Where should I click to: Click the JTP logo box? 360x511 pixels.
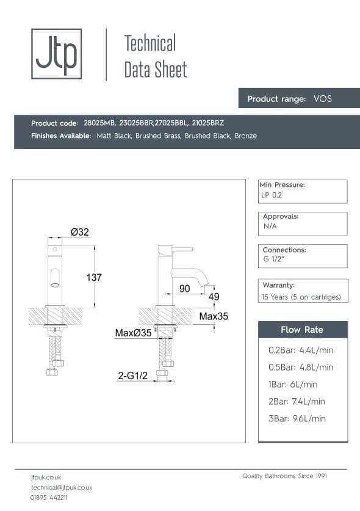tap(56, 54)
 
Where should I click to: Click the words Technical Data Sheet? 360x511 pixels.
tap(155, 56)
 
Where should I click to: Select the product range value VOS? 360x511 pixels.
tap(322, 98)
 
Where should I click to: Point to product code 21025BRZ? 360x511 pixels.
tap(208, 123)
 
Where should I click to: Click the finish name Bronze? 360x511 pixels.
tap(245, 136)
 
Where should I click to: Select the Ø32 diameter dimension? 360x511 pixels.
tap(79, 232)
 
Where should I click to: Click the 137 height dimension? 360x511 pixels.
tap(93, 277)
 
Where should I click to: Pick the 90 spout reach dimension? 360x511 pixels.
tap(184, 288)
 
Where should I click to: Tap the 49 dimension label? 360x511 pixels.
tap(214, 297)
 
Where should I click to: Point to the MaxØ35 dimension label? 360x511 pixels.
tap(133, 333)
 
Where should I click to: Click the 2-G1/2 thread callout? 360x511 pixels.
tap(133, 377)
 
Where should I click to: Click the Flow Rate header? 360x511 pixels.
tap(302, 330)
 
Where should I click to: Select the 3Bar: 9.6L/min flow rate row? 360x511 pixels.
tap(297, 418)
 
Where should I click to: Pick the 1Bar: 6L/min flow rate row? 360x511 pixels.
tap(293, 384)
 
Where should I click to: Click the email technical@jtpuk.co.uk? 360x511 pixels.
tap(62, 487)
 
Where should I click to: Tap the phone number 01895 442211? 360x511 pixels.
tap(49, 498)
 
